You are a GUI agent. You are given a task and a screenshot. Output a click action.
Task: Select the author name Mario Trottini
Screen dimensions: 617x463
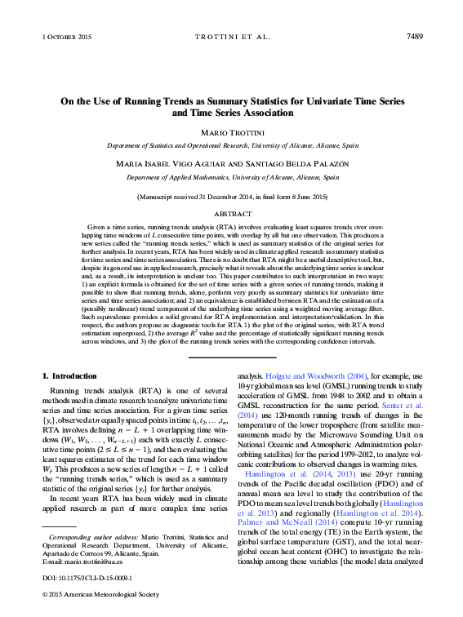[x=231, y=132]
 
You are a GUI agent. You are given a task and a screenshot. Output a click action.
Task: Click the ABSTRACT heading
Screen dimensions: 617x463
[x=231, y=214]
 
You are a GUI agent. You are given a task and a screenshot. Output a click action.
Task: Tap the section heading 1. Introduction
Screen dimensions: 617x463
[x=69, y=375]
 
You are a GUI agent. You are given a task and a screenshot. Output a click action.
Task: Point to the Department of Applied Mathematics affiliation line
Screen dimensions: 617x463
[x=231, y=176]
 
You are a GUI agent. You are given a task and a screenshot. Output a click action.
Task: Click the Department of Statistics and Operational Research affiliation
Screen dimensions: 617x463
[x=231, y=144]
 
